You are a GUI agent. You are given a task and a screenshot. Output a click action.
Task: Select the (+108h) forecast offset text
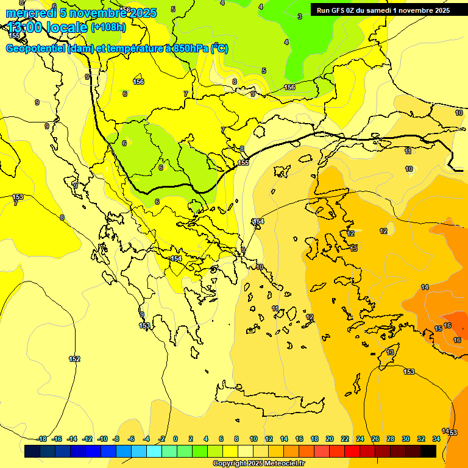point(108,27)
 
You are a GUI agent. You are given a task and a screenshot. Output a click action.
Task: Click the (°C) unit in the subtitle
point(219,49)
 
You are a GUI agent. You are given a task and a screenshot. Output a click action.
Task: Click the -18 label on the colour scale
point(42,439)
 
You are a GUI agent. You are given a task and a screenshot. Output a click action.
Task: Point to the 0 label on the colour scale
point(175,439)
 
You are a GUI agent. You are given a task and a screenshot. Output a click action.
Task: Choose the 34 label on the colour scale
point(436,439)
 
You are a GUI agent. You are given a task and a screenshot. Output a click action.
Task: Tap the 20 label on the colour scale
point(330,439)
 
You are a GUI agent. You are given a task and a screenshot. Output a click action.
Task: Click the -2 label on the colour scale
point(161,439)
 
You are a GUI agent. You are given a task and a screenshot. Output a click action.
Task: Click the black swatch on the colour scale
point(428,452)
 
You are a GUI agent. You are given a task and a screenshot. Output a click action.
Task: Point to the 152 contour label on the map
point(74,359)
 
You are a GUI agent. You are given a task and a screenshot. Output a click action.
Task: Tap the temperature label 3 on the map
point(299,16)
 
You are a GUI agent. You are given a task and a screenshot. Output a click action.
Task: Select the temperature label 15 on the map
point(438,329)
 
